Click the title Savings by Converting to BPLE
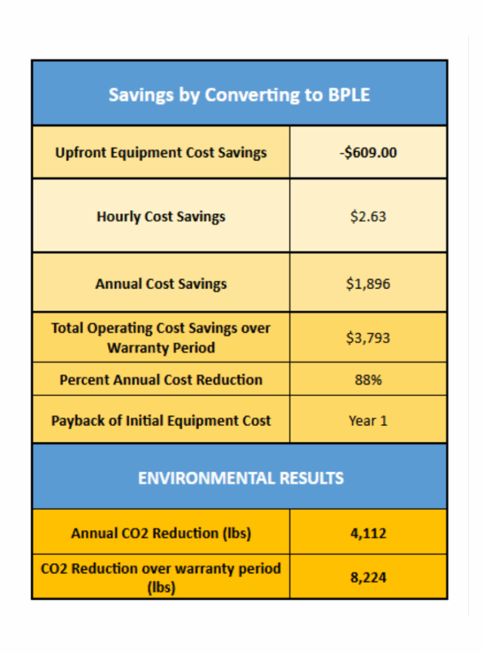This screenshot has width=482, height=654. [x=239, y=94]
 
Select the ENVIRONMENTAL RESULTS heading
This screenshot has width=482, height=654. [x=240, y=478]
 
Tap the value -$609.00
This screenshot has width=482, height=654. [x=368, y=153]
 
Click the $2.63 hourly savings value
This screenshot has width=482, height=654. [x=368, y=217]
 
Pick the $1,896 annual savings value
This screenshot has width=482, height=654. [x=368, y=284]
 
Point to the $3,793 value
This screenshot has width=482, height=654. [x=368, y=337]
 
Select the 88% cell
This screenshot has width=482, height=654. [x=368, y=379]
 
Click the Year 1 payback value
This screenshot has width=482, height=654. [x=368, y=421]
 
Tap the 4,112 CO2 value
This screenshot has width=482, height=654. [x=368, y=533]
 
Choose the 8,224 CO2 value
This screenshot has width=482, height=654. [x=368, y=578]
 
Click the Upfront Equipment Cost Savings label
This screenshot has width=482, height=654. [x=161, y=153]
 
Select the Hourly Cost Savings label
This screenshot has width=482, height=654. [x=161, y=217]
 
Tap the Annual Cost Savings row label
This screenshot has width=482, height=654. [x=161, y=284]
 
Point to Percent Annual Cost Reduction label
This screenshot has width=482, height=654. [x=161, y=379]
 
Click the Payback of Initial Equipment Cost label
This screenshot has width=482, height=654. [x=161, y=421]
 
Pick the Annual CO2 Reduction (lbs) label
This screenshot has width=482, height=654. [x=161, y=533]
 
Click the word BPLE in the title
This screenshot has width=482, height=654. [x=348, y=94]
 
